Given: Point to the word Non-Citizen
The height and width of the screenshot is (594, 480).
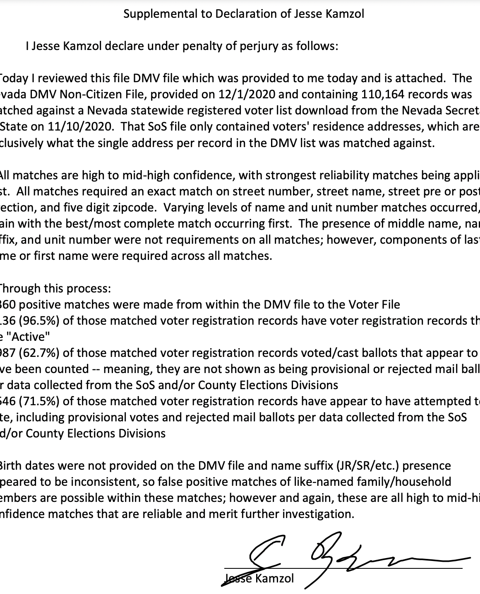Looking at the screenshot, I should tap(106, 94).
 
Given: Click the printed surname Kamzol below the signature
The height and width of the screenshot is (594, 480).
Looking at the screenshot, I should tap(275, 578).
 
